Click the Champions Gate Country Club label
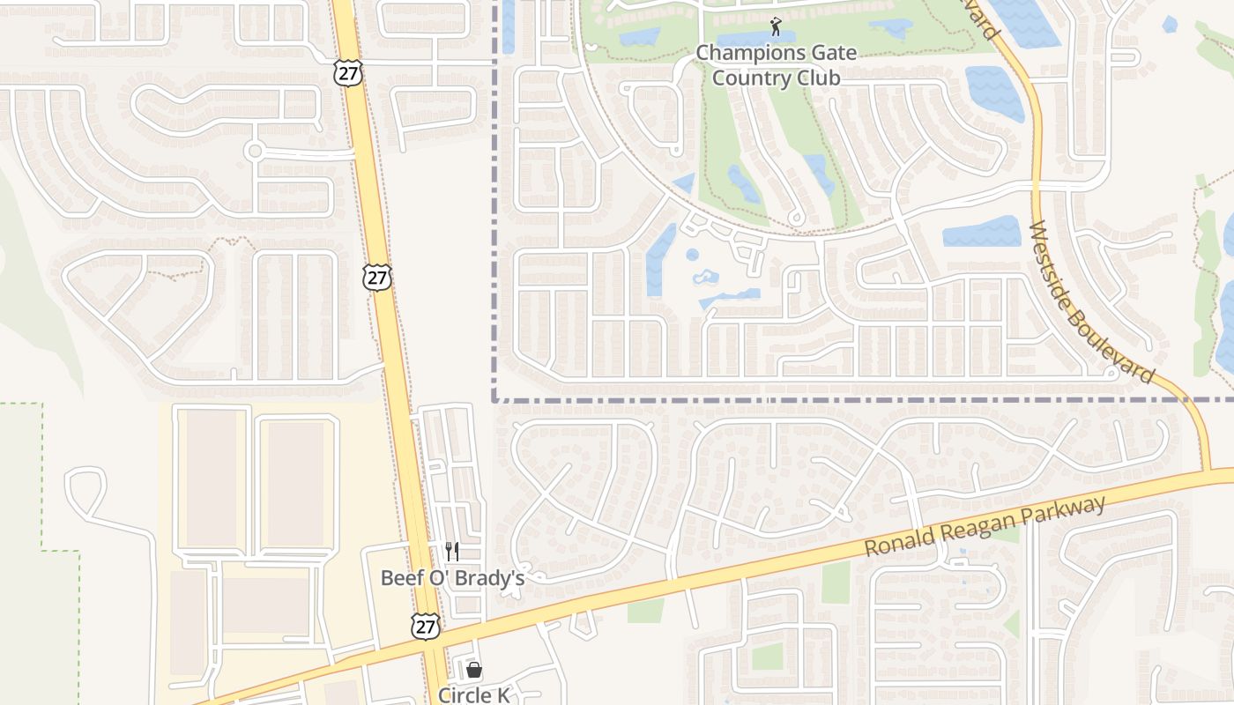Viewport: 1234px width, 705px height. (x=776, y=65)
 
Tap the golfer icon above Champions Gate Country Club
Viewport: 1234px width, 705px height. (x=776, y=26)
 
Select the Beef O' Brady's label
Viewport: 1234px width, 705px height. (x=452, y=578)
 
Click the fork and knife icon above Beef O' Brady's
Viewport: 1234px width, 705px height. (x=452, y=552)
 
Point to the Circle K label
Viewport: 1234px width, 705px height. (x=474, y=695)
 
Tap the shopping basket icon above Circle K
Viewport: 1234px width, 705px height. (x=474, y=671)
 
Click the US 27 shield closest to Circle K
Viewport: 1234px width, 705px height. (x=426, y=626)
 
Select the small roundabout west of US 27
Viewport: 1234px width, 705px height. (x=256, y=151)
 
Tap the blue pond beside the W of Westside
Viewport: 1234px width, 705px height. (x=982, y=232)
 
